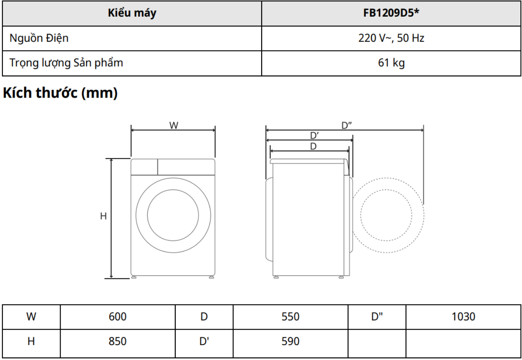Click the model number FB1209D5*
tap(391, 13)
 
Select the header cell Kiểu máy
tap(132, 13)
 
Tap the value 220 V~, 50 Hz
tap(391, 38)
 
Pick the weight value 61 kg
tap(391, 64)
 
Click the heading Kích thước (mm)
tap(60, 93)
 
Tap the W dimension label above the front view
tap(174, 125)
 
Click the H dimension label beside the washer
tap(103, 216)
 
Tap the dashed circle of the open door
tap(388, 215)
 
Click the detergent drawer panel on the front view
tap(144, 166)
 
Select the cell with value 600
tap(118, 317)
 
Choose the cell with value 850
tap(118, 342)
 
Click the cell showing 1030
tap(463, 317)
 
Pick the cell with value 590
tap(290, 342)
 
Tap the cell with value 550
tap(290, 317)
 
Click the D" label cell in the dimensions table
tap(377, 317)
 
